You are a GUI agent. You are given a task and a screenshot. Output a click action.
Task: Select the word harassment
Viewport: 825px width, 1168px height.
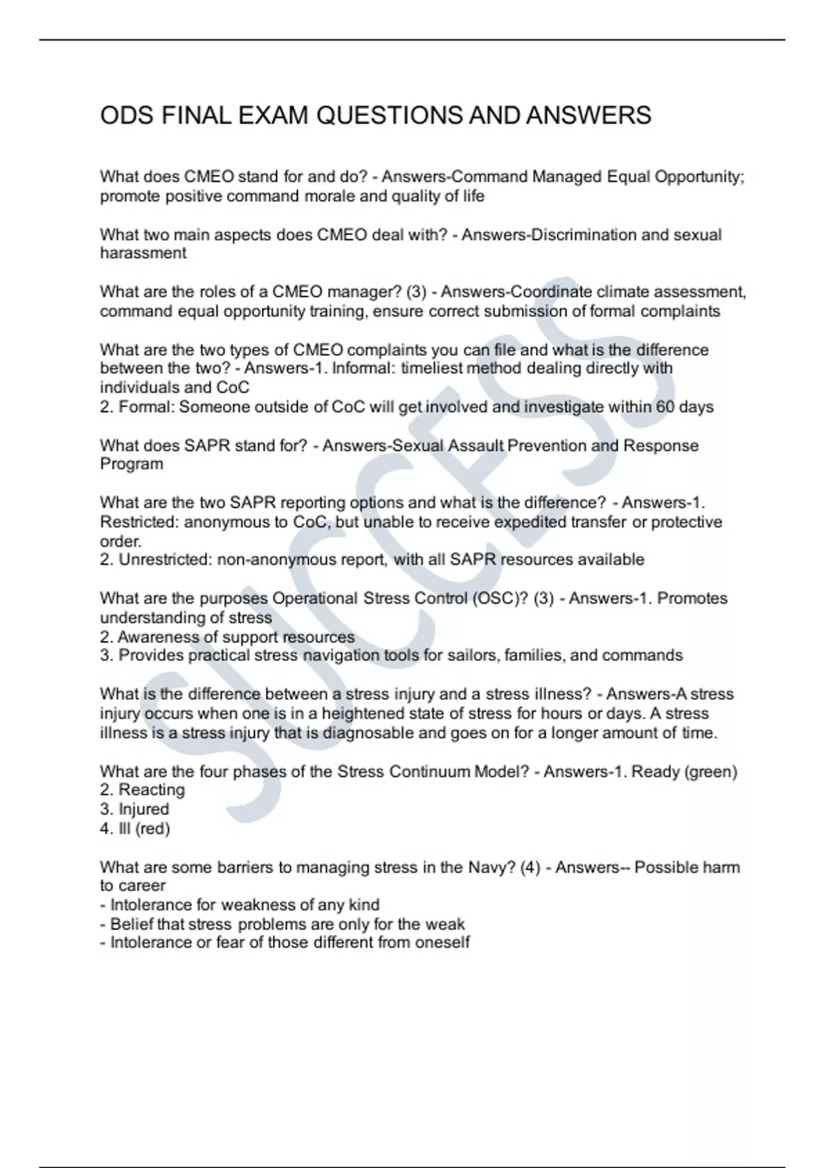pos(143,254)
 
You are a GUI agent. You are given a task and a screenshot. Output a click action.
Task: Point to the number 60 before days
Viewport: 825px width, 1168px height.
pos(665,407)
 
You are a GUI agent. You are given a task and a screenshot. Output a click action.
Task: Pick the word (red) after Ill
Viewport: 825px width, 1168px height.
pos(153,829)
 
